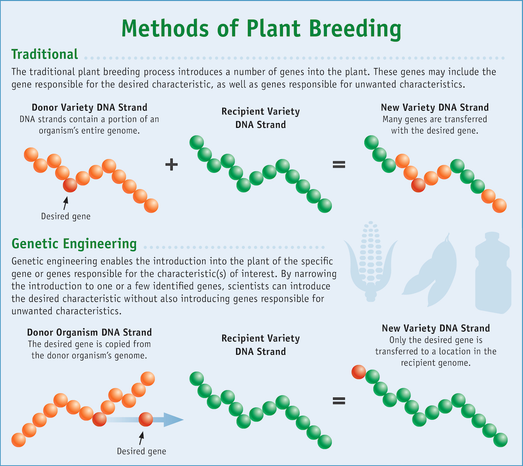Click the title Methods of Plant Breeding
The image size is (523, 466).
[x=261, y=29]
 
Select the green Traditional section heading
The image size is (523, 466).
[x=44, y=54]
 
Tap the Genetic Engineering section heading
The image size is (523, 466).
[x=74, y=244]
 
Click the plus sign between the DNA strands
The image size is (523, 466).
[x=171, y=164]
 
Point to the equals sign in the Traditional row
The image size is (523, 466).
[x=339, y=164]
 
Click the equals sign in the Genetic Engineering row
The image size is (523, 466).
[x=339, y=401]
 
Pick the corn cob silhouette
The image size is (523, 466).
[x=370, y=261]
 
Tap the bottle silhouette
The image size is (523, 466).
[x=493, y=273]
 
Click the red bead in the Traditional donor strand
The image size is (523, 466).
[x=70, y=185]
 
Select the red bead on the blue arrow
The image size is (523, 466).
[x=146, y=419]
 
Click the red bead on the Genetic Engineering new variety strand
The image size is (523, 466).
[x=359, y=372]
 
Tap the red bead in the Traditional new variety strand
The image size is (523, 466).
[x=418, y=185]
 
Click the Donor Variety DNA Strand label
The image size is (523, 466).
[x=89, y=107]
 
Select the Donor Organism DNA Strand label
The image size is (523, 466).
[x=89, y=332]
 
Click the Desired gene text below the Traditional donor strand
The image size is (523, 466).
[x=66, y=216]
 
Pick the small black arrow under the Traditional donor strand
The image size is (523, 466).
[x=66, y=203]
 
